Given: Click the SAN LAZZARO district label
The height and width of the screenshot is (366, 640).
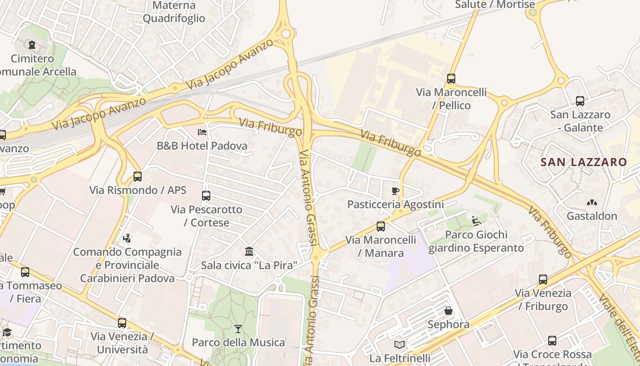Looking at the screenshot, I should (584, 162).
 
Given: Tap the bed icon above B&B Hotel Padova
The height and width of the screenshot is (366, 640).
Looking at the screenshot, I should (202, 133).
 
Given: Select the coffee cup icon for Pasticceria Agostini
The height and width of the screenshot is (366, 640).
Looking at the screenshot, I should (395, 191).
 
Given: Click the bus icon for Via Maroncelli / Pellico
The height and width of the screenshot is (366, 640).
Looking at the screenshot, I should (451, 79).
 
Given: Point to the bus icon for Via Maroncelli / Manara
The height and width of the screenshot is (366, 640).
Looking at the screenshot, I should (381, 226).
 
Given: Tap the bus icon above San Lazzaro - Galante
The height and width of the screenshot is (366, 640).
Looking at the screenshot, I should (580, 101).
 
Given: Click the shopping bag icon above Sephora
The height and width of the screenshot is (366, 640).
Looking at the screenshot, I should (448, 311).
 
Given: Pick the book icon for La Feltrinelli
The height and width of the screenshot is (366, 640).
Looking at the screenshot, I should (400, 344).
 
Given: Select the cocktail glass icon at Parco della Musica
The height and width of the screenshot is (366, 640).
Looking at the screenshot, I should (238, 329).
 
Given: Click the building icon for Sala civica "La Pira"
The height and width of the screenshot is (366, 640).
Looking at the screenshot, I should (249, 252).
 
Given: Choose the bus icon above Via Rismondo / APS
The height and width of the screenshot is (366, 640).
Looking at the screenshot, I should (138, 177).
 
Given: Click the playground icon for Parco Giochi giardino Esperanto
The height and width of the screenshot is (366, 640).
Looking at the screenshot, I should (476, 221).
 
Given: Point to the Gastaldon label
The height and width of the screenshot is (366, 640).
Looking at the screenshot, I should (592, 216).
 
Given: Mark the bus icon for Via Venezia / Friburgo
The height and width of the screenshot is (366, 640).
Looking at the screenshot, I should (543, 280).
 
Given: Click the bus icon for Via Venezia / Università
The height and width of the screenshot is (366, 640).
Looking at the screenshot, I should (122, 323).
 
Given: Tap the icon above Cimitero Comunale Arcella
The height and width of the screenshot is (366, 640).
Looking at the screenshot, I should (32, 45).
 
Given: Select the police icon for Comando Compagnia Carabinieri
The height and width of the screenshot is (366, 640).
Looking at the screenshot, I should (127, 238).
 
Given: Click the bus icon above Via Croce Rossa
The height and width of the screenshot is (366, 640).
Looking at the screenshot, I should (552, 341).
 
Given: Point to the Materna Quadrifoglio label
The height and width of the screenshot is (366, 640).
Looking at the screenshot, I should (174, 12).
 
